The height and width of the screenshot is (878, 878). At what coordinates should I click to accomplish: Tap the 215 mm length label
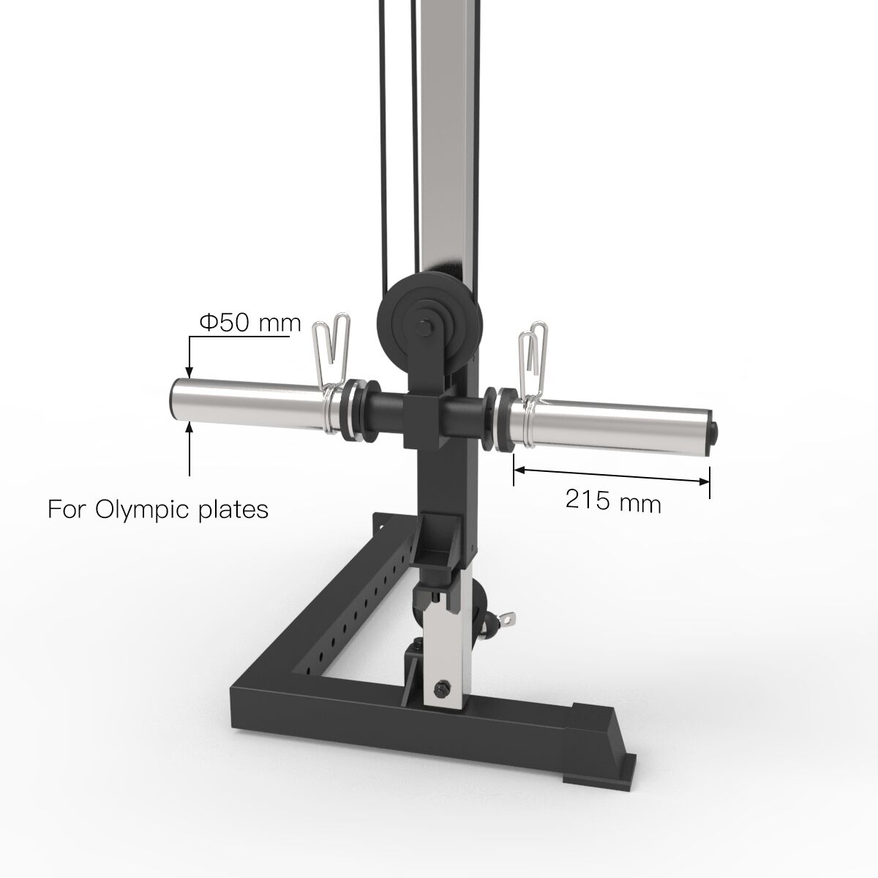[x=613, y=503]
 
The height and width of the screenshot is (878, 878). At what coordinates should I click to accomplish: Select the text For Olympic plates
[x=157, y=509]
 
